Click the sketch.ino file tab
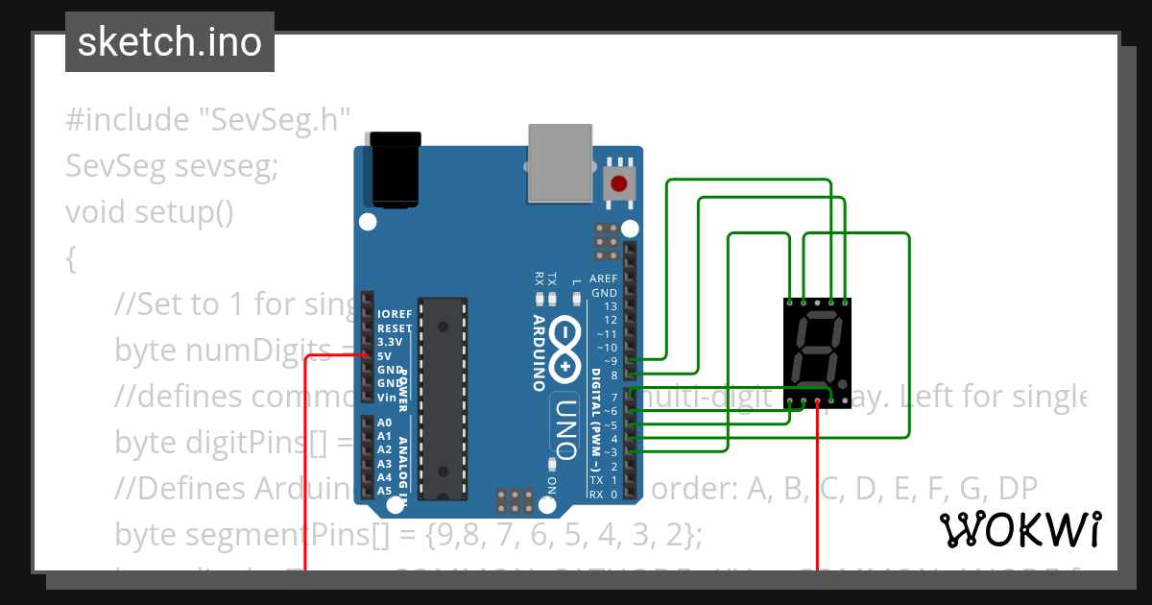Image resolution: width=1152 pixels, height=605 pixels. tap(170, 42)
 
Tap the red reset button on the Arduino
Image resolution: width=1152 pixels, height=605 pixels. tap(619, 182)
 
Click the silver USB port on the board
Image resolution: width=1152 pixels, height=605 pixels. tap(563, 163)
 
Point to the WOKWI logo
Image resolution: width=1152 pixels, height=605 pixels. tap(1020, 529)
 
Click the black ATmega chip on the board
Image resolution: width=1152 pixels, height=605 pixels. tap(444, 399)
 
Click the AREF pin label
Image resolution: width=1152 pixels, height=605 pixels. tap(604, 278)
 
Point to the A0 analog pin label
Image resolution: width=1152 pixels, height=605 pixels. tap(384, 423)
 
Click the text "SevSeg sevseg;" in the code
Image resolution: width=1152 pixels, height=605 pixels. tap(172, 166)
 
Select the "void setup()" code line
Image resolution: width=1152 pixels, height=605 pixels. tap(150, 210)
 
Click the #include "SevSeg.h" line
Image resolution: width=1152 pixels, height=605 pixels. tap(207, 120)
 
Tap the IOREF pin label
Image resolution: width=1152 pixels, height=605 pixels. tap(395, 314)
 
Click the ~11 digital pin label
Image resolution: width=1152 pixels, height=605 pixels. tap(607, 333)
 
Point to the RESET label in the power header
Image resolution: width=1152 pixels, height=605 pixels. tap(395, 328)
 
